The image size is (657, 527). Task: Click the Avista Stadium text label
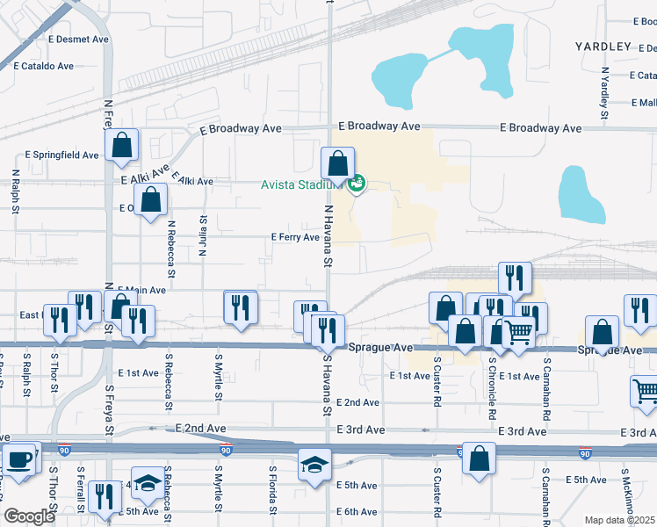tap(300, 184)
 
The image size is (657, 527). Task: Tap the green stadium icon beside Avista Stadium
tap(357, 184)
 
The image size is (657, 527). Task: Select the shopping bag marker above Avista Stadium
tap(337, 163)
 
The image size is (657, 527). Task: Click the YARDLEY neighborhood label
tap(603, 46)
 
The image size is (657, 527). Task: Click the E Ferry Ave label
tap(294, 237)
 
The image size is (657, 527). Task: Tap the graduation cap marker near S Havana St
tap(314, 466)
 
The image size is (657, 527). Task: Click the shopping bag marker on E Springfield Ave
tap(121, 148)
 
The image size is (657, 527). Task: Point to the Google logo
tap(28, 516)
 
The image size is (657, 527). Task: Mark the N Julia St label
tap(202, 235)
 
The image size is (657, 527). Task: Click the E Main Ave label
tap(141, 290)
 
